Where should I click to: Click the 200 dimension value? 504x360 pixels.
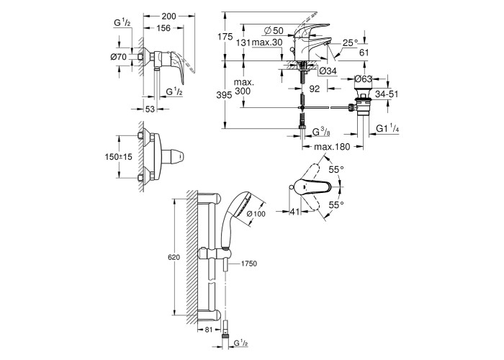(168, 16)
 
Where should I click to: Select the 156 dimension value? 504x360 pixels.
(163, 28)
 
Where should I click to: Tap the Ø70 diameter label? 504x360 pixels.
(119, 57)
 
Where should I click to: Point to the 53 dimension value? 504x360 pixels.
(150, 109)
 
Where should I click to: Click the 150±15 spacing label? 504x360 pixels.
(119, 157)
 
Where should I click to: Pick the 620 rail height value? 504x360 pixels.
(174, 257)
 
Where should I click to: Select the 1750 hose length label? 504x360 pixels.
(249, 264)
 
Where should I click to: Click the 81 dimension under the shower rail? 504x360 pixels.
(209, 330)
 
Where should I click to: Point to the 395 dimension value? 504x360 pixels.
(224, 95)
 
